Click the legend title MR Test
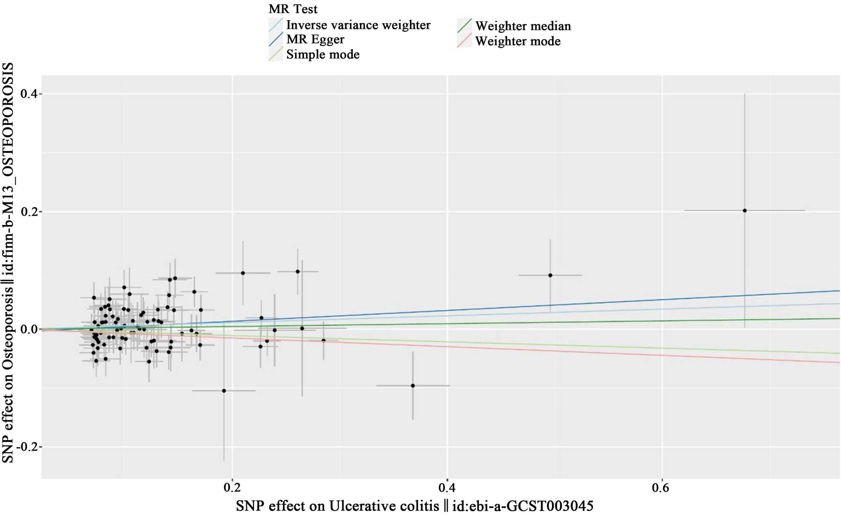click(293, 9)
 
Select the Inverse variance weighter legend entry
click(358, 25)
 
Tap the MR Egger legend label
click(315, 40)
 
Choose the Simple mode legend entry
click(323, 55)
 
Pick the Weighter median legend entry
click(523, 26)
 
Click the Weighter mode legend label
click(518, 41)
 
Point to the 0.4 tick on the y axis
click(29, 94)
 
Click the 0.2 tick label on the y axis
click(29, 211)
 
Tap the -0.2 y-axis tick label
click(26, 446)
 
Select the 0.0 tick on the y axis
click(29, 329)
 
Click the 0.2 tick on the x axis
click(232, 488)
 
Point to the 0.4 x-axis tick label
click(447, 488)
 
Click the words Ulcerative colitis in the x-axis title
click(384, 505)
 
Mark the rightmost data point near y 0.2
click(745, 211)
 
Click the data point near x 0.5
click(550, 275)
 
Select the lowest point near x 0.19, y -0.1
click(224, 391)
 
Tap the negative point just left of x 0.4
click(413, 386)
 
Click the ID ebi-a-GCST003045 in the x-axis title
click(523, 505)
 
